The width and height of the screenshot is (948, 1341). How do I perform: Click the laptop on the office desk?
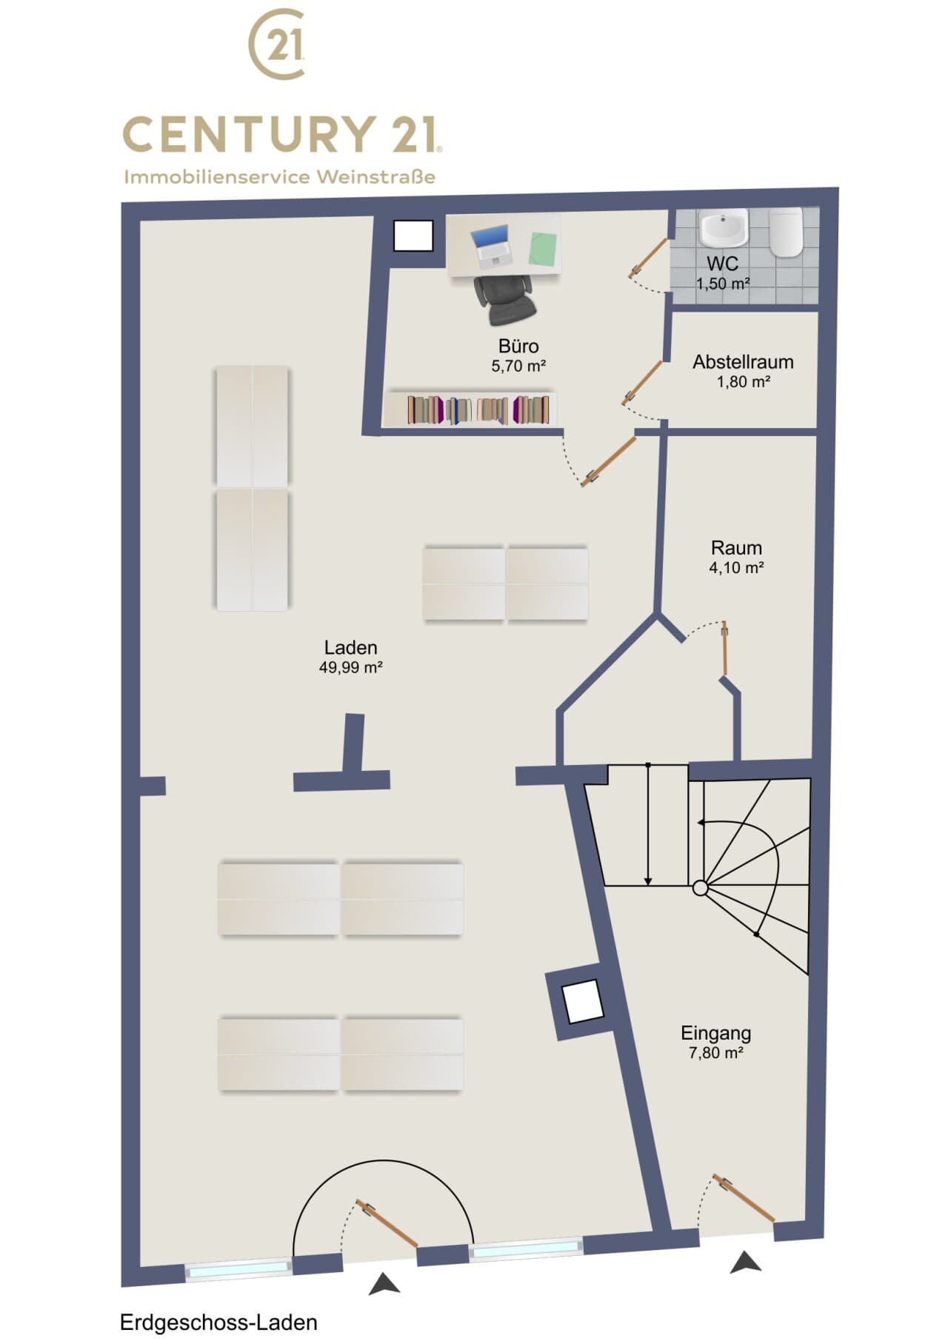[x=491, y=247]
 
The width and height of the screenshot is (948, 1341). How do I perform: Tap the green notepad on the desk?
[x=543, y=248]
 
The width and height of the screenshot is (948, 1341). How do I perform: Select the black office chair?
[x=504, y=299]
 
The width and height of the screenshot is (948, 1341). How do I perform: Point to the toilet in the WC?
[x=786, y=231]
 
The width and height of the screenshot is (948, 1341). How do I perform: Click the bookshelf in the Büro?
[x=470, y=409]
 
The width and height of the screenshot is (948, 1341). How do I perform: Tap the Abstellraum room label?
[x=743, y=362]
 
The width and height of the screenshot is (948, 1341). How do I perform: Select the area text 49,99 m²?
[x=350, y=667]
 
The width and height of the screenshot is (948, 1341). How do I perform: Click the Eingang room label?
[x=716, y=1032]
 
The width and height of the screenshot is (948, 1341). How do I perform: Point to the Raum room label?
[x=736, y=548]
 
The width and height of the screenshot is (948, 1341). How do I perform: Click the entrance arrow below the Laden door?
[x=384, y=1283]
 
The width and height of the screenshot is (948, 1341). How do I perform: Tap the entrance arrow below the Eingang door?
[x=745, y=1262]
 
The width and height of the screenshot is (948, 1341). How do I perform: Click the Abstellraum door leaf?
[x=642, y=382]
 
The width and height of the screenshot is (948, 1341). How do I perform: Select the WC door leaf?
[x=648, y=258]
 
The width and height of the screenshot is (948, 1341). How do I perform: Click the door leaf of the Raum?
[x=725, y=649]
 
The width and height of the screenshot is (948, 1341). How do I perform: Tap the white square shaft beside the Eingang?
[x=582, y=1001]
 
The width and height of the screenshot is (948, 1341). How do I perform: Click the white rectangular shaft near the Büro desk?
[x=413, y=236]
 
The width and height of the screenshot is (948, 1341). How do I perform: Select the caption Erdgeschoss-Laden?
[x=218, y=1322]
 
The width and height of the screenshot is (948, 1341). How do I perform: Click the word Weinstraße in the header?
[x=375, y=177]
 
